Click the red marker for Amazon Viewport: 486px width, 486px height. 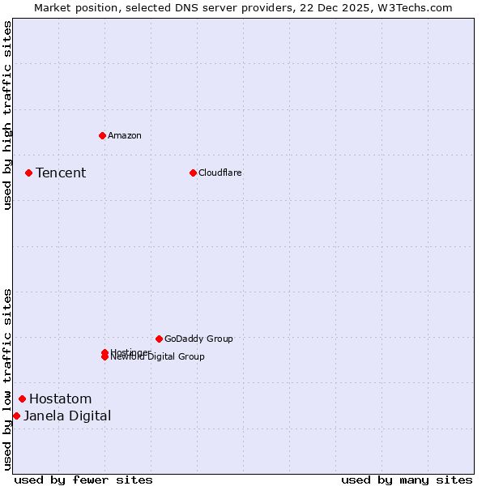102,135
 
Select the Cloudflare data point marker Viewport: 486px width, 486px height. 193,173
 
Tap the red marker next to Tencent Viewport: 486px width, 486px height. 28,173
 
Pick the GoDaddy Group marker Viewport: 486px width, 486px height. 159,339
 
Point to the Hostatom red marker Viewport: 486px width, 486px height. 22,399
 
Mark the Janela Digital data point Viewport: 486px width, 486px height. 16,416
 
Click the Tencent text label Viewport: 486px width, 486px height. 61,173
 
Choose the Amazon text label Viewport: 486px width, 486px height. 124,135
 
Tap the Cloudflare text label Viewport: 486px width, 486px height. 220,173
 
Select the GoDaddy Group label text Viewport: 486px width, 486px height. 198,339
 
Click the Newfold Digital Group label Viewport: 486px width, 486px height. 158,357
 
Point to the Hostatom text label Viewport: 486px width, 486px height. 60,399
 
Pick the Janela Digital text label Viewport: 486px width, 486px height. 67,416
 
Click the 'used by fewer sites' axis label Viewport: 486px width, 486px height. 83,480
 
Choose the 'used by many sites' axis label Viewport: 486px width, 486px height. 407,480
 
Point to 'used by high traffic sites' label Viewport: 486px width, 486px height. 7,115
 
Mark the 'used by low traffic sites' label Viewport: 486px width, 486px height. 7,378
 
